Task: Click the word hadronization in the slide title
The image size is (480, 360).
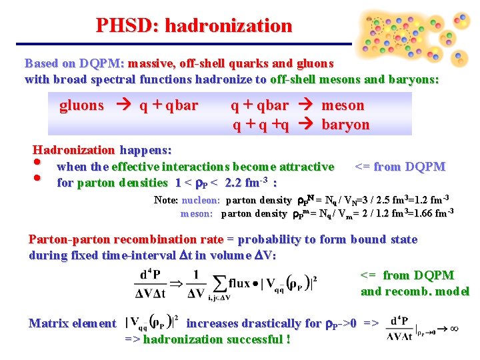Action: click(228, 25)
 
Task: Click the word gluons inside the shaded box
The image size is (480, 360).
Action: click(82, 105)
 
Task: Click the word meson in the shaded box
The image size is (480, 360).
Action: click(343, 105)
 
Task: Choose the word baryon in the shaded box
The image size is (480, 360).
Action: click(345, 125)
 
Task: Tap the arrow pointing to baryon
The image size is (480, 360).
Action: click(305, 125)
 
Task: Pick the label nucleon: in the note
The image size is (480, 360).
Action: click(200, 200)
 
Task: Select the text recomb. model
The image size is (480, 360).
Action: click(428, 291)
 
